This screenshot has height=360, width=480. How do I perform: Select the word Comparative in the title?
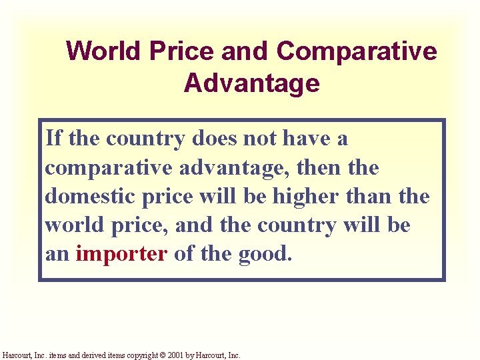356,51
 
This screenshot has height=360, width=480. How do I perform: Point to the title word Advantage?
251,84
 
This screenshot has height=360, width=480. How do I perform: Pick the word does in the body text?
213,139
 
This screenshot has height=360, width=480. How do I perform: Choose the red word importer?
121,254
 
